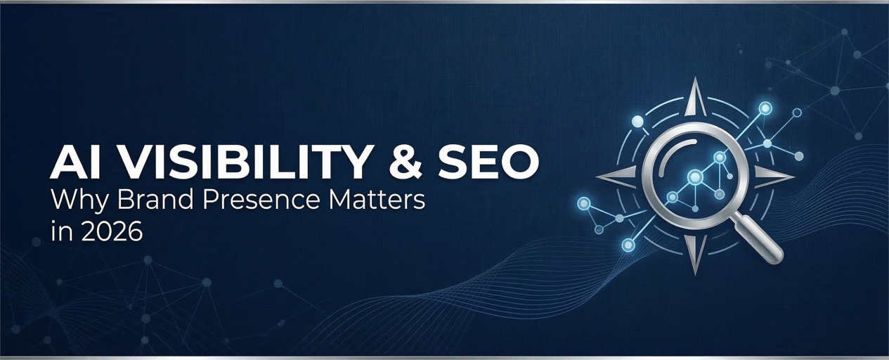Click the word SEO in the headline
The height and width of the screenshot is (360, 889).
point(493,163)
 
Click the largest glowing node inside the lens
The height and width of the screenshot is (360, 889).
point(694,176)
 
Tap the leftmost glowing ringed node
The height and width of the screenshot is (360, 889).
point(583,204)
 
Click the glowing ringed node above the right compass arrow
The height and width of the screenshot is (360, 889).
point(765,108)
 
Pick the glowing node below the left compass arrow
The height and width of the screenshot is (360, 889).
point(628,244)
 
